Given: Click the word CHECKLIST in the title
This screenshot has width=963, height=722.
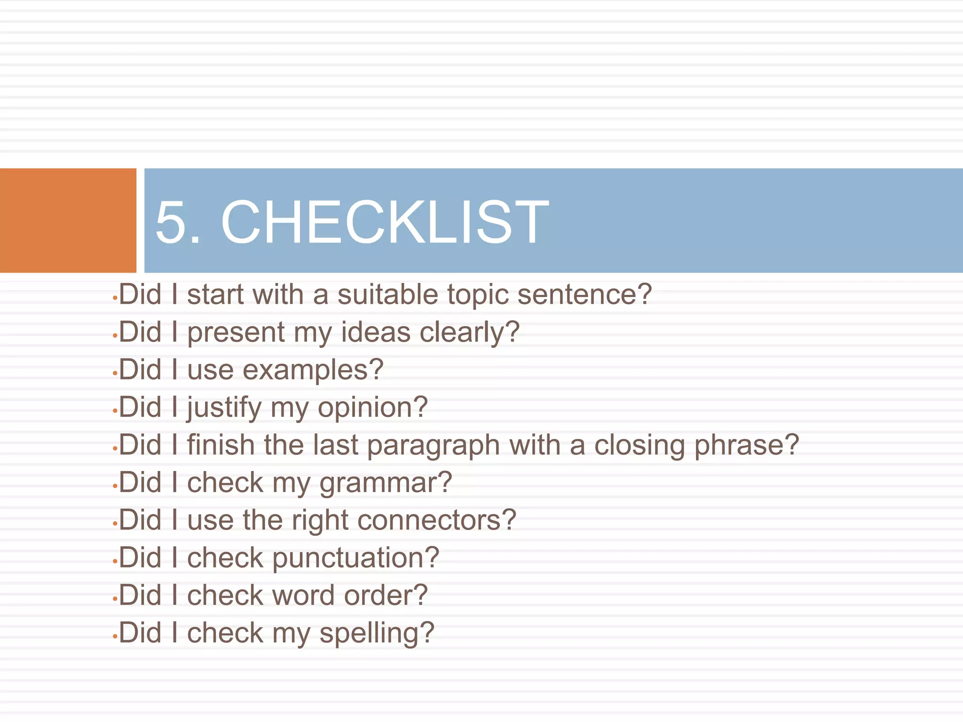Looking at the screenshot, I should (x=385, y=222).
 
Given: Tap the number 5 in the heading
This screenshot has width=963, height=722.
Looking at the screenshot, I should (x=171, y=222).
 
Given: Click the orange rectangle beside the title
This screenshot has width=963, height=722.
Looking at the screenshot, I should (x=68, y=220).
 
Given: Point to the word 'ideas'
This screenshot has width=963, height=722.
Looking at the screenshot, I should (x=375, y=332).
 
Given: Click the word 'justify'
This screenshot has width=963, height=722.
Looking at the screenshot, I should (x=224, y=408).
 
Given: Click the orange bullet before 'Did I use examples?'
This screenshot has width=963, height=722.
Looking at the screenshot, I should (x=115, y=373).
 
